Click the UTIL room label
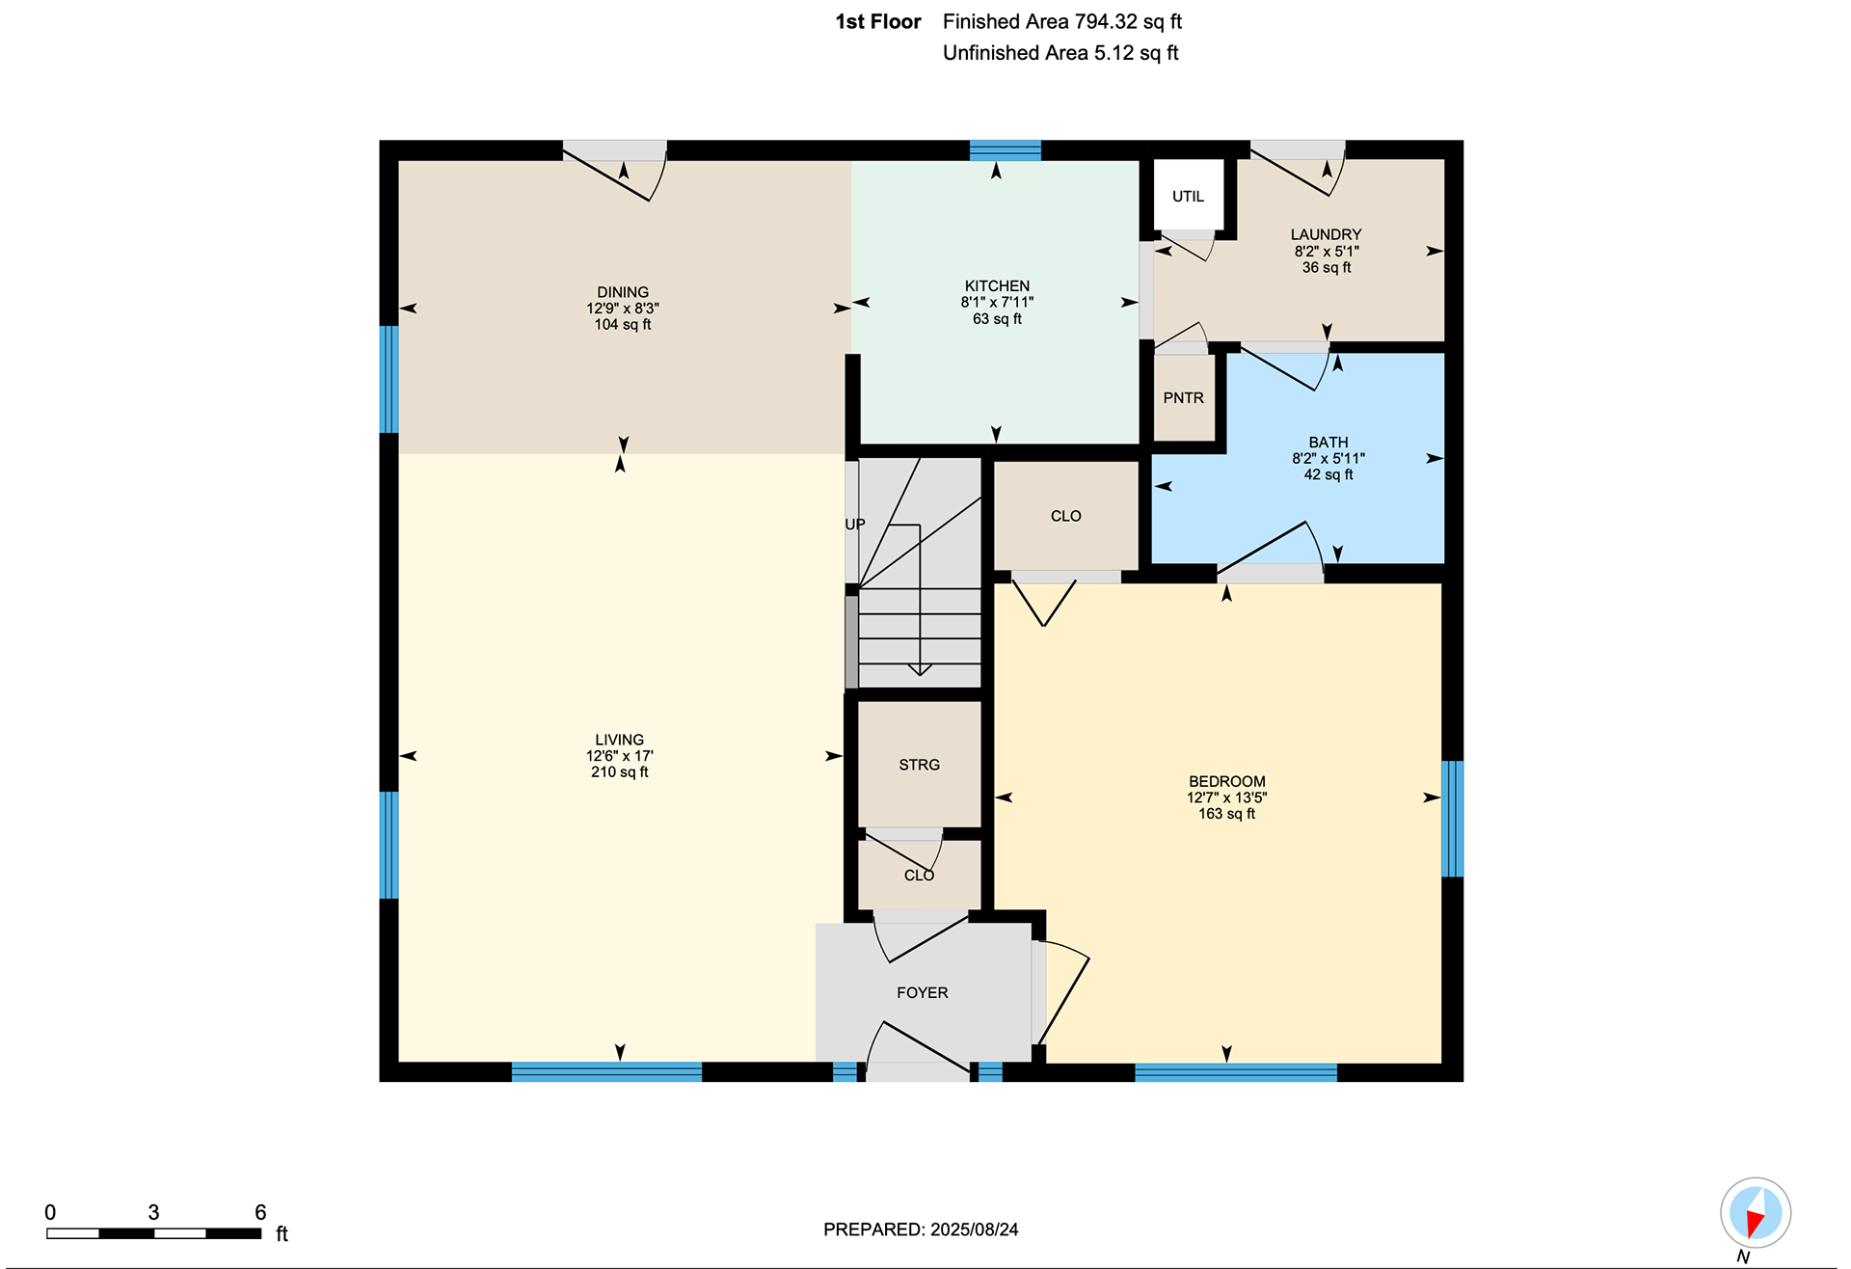[1188, 197]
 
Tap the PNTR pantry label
[1183, 398]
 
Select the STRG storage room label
[919, 765]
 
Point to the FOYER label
[923, 993]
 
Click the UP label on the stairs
[855, 525]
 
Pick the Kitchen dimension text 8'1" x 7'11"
[997, 303]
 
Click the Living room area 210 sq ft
[620, 772]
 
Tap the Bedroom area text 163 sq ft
[1227, 814]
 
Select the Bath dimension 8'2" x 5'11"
[1328, 459]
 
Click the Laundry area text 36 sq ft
[1327, 268]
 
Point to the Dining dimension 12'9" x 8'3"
[623, 309]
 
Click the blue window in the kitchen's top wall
[1006, 150]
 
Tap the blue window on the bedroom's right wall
[1452, 819]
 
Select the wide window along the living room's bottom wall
[606, 1072]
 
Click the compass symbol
[1756, 1213]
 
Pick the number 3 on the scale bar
[153, 1212]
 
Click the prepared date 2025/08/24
[974, 1229]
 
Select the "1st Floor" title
[878, 22]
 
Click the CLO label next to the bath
[1065, 517]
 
